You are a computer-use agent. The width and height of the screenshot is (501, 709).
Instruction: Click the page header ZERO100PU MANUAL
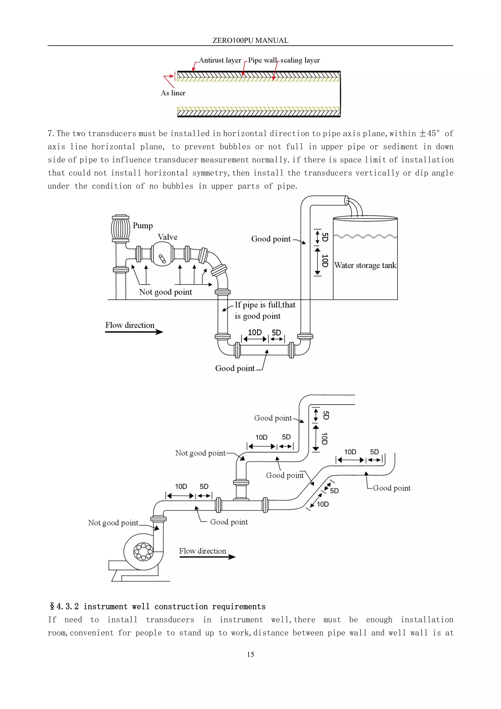[250, 40]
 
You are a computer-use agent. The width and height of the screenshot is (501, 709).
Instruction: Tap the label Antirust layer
[220, 60]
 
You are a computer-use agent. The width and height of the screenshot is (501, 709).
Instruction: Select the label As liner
[173, 93]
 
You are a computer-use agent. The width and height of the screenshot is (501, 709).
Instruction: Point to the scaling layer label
[300, 60]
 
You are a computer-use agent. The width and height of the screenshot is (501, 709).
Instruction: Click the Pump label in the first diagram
[143, 226]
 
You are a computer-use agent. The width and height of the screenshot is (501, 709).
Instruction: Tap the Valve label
[168, 237]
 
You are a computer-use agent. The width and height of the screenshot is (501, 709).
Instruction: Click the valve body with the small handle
[162, 254]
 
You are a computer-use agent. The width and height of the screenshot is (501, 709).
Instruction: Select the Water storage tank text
[365, 265]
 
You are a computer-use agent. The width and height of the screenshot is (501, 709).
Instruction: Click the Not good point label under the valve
[165, 292]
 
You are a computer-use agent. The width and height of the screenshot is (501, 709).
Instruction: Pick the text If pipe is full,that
[265, 305]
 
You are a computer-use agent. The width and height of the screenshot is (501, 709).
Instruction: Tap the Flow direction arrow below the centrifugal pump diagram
[207, 557]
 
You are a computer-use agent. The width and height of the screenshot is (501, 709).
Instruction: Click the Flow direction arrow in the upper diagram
[134, 332]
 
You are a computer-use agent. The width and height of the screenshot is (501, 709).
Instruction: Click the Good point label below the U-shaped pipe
[235, 368]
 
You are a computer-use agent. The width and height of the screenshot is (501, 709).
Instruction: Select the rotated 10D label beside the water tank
[325, 261]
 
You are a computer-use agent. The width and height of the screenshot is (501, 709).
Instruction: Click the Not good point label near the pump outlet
[113, 523]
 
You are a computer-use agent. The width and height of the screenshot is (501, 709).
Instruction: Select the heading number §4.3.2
[64, 606]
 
